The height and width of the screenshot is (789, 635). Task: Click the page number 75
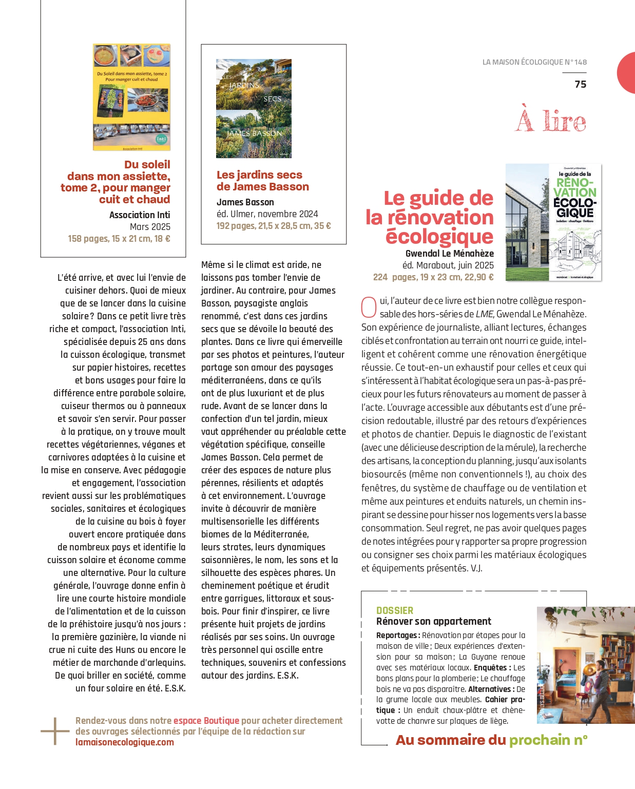click(x=580, y=84)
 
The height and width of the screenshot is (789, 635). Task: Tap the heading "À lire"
click(x=551, y=121)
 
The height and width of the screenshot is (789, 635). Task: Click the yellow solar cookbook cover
click(x=131, y=97)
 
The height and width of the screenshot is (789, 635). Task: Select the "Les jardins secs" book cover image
click(x=254, y=108)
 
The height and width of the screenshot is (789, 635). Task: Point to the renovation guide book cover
click(x=553, y=222)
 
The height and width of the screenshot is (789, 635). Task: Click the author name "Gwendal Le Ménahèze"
click(x=449, y=253)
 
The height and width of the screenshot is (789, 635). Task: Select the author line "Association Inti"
click(x=140, y=215)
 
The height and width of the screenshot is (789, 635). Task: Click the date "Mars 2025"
click(x=150, y=226)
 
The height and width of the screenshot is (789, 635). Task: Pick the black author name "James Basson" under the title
click(x=245, y=202)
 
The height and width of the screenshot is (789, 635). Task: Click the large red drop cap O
click(x=369, y=307)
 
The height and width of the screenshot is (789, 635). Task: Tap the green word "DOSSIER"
click(x=394, y=610)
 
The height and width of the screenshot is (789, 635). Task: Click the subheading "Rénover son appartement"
click(x=434, y=621)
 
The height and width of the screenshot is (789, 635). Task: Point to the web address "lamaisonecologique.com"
click(x=125, y=742)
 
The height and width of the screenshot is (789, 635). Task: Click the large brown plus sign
click(x=55, y=731)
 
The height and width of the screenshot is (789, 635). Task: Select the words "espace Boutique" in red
click(x=206, y=721)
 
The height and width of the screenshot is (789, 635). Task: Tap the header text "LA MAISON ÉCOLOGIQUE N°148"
click(x=534, y=62)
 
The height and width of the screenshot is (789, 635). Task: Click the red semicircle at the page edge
click(x=627, y=72)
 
